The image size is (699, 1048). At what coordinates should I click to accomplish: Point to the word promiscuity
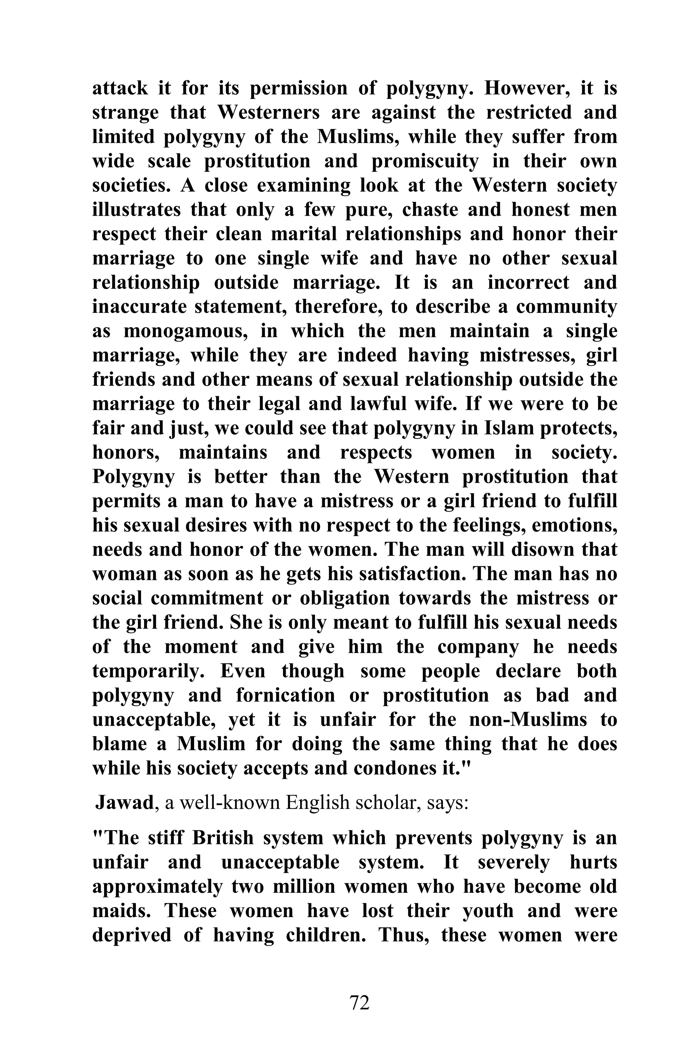[x=425, y=161]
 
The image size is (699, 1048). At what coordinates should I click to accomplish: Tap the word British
[x=223, y=838]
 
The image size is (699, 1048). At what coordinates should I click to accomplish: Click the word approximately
[x=157, y=886]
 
